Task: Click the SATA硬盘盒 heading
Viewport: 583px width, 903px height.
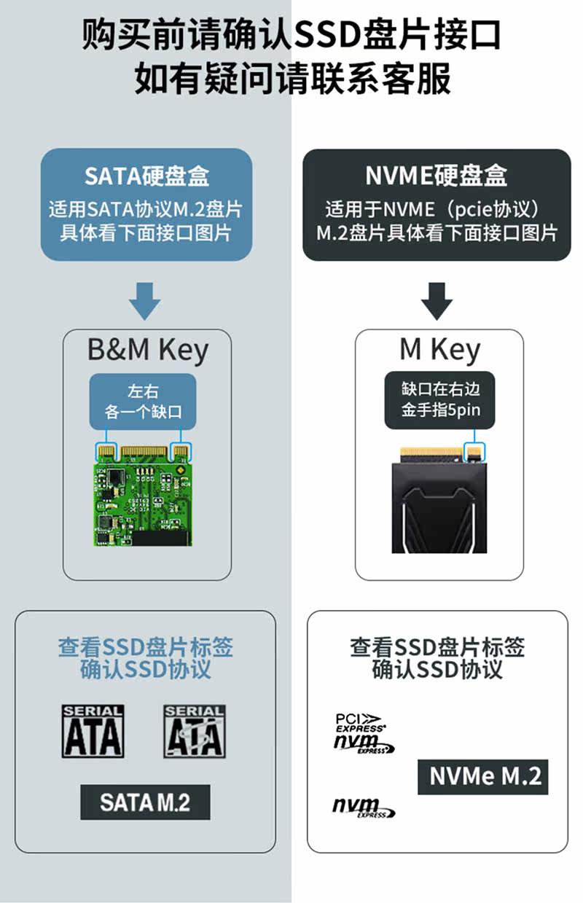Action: (146, 176)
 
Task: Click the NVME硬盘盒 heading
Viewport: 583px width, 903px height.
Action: (437, 176)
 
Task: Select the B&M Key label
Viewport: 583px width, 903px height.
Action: (147, 350)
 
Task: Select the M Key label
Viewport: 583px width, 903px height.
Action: (439, 350)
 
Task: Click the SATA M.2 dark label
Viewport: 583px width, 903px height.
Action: (145, 802)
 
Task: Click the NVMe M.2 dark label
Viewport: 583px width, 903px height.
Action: (482, 777)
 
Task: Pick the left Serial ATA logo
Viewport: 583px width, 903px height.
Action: (93, 730)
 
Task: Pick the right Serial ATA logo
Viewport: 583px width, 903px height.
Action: (193, 730)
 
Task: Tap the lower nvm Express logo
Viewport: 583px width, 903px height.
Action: (363, 808)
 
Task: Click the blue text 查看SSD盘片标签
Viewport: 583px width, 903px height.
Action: (146, 647)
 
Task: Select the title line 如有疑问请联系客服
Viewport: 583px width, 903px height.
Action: (291, 79)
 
